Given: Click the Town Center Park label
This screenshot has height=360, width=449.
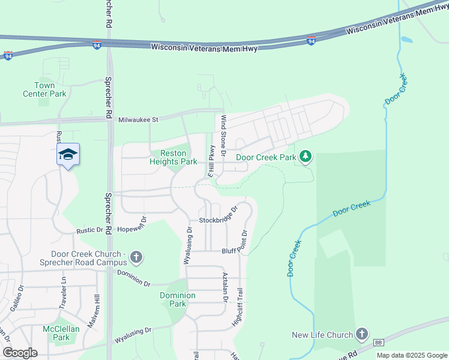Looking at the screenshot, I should point(44,89).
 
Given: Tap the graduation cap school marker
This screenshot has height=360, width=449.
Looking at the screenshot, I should point(68,155).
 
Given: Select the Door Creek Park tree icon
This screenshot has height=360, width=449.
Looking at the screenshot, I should point(306,157).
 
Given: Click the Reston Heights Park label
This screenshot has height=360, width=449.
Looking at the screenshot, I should point(173,157).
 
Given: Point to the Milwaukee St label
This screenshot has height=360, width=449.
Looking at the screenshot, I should point(137,119).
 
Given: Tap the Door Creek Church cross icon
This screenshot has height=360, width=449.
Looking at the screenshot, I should point(136,258).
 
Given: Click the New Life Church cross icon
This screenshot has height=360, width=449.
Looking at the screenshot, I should point(361,334).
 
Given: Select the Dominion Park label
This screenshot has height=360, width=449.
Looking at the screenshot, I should point(178,299).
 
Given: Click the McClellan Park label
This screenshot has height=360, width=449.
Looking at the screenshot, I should point(56,333).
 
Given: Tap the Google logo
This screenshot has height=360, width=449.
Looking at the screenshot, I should point(20,353).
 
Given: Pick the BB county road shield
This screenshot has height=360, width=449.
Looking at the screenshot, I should point(378,343).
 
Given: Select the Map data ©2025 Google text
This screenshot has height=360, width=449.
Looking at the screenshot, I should point(411,355).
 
